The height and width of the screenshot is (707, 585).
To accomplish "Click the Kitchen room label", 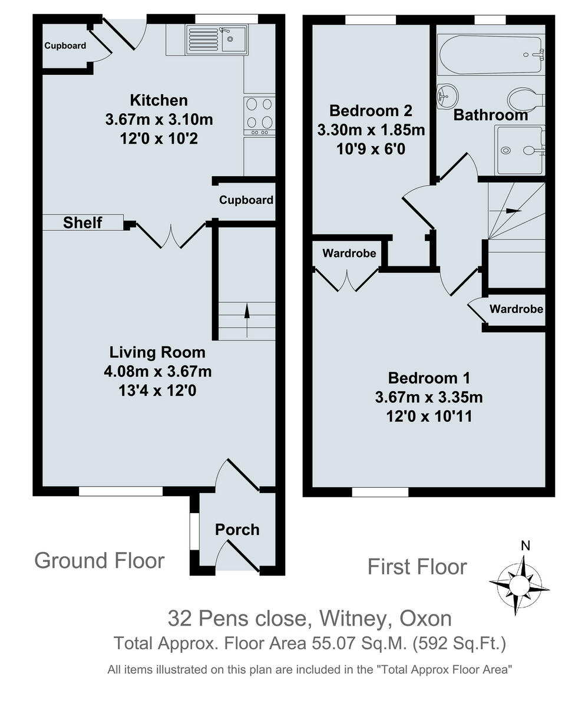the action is point(159,101).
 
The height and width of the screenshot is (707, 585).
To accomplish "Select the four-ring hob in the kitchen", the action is point(259,116).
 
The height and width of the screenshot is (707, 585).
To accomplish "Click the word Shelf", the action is point(82,223).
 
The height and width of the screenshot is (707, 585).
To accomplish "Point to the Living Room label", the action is point(157,352).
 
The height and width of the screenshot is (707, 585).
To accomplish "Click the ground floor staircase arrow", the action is point(247,321).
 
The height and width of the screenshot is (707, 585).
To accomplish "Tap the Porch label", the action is point(237,530).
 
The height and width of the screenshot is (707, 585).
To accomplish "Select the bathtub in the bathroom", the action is point(491,55).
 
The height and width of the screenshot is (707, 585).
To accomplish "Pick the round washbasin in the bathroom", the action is point(447,96).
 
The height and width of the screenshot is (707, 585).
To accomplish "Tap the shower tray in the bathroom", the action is point(520,150).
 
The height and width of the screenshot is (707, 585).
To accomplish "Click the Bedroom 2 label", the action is point(371,111).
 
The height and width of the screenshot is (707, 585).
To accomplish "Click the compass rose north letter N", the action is point(525,546).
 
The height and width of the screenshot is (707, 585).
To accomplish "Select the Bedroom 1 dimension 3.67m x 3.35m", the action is point(429,397).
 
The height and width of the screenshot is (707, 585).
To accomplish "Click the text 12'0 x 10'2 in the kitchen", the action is point(159,138).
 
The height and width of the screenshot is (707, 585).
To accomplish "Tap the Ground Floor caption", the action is point(100,560).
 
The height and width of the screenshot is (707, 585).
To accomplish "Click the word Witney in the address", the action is point(353,619).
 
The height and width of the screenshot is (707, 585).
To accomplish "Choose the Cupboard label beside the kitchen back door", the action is point(65,46).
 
